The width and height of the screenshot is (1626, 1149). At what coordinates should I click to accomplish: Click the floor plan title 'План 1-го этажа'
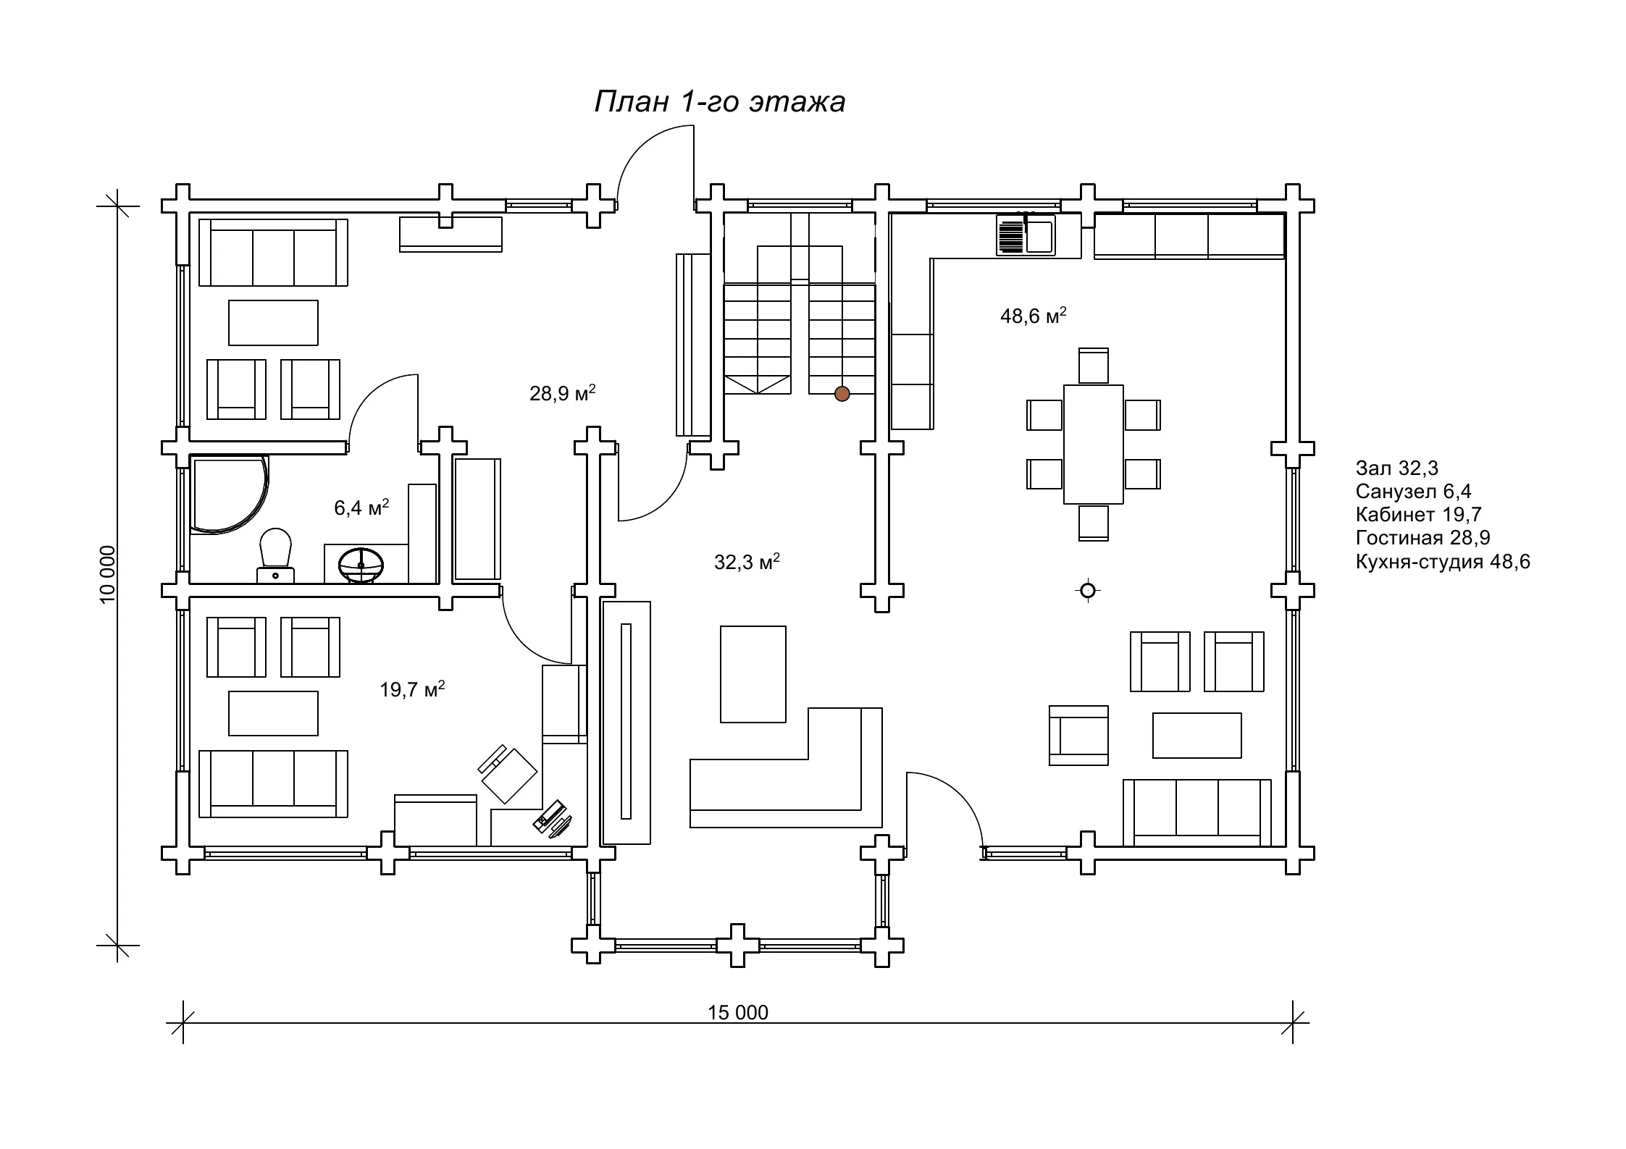[x=720, y=102]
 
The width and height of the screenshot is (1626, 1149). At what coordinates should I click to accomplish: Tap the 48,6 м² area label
[x=1034, y=315]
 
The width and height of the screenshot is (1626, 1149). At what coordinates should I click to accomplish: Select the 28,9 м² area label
[x=563, y=393]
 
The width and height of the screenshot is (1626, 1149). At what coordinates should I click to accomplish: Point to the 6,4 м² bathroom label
[x=361, y=508]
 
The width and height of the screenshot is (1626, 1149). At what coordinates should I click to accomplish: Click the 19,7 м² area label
[x=412, y=689]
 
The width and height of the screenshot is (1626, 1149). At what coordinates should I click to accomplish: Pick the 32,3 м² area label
[x=747, y=562]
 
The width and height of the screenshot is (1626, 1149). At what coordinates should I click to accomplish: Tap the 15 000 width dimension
[x=738, y=1012]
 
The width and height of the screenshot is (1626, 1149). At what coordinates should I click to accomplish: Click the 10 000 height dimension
[x=107, y=574]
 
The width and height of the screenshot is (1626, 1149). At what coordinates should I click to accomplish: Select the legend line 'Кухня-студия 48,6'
[x=1443, y=562]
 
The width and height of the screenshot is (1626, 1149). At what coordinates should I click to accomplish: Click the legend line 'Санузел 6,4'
[x=1414, y=492]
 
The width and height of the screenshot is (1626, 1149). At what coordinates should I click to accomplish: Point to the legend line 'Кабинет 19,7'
[x=1419, y=515]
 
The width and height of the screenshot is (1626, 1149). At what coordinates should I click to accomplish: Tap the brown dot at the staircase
[x=842, y=394]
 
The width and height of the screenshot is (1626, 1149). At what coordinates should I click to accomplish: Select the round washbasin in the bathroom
[x=361, y=565]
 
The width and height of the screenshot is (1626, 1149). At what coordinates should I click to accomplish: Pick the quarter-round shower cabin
[x=229, y=494]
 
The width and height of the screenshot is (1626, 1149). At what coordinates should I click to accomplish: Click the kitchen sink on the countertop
[x=1026, y=235]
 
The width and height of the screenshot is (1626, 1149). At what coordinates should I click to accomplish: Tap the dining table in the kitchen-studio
[x=1094, y=445]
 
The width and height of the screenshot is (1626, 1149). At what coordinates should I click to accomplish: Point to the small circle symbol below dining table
[x=1087, y=591]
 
